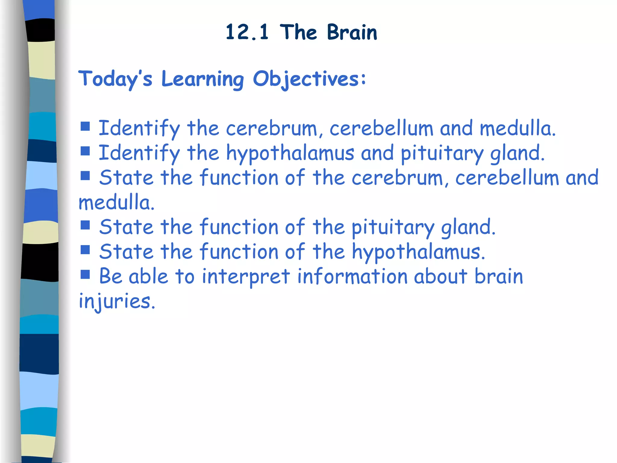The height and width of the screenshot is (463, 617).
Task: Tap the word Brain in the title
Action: pos(352,32)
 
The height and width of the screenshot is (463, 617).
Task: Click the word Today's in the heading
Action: pos(115,79)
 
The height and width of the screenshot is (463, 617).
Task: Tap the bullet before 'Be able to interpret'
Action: pos(85,274)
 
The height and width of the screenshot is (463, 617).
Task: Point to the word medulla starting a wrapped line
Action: pos(116,203)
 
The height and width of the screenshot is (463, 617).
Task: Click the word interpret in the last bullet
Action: pos(246,277)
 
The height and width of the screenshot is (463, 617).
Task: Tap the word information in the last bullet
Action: pos(352,277)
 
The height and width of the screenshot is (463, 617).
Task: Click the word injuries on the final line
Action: pos(117,301)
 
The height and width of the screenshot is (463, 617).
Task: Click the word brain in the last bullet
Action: pos(499,277)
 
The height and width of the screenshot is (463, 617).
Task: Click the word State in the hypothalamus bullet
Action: pos(126,252)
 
